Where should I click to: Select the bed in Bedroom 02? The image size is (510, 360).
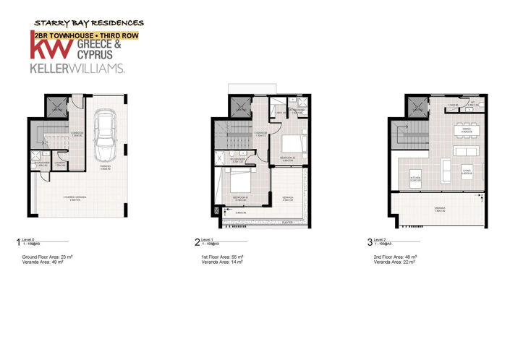point(291,141)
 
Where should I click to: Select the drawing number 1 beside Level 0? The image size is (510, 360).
point(18,243)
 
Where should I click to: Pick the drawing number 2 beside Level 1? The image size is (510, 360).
point(197,243)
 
